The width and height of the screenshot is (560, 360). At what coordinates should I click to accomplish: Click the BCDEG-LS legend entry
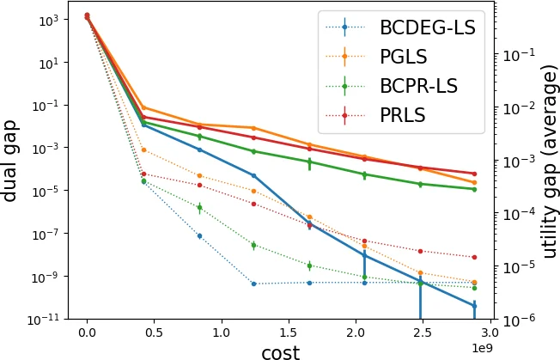(427, 27)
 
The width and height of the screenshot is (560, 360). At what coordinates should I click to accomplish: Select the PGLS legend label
(403, 57)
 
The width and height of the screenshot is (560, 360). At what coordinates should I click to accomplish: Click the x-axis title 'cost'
(280, 351)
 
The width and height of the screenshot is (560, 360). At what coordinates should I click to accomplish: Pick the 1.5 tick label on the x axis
(288, 333)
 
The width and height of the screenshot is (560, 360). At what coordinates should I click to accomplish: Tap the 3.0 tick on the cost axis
(489, 333)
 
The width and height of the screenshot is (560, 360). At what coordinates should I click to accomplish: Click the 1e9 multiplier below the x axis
(482, 347)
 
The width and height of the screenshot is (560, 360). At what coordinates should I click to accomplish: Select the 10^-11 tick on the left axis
(41, 320)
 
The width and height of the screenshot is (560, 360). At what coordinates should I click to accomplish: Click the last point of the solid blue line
(474, 305)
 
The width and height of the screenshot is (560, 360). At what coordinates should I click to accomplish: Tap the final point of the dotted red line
(474, 257)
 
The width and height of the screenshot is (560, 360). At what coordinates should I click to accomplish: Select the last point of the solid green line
(474, 189)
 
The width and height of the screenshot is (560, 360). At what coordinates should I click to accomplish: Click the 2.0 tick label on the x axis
(355, 333)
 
